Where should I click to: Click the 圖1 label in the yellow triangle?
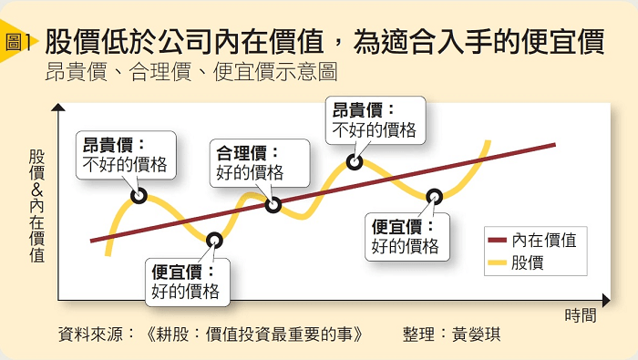click(x=17, y=42)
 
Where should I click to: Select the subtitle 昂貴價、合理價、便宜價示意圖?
click(x=191, y=72)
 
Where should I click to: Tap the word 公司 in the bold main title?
click(x=185, y=42)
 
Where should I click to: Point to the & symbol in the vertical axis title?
click(x=37, y=190)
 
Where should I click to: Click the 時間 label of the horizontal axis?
click(x=581, y=315)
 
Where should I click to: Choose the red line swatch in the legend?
click(x=498, y=241)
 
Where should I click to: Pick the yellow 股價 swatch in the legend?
click(x=498, y=262)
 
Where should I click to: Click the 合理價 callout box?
click(x=260, y=163)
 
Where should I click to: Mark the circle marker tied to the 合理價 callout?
click(x=273, y=205)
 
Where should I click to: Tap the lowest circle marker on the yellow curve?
click(x=214, y=241)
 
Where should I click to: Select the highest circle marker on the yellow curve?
click(x=355, y=162)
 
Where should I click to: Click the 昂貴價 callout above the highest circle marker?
click(x=376, y=120)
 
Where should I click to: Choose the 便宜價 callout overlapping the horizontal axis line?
click(x=188, y=282)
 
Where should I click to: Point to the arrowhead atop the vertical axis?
click(x=58, y=108)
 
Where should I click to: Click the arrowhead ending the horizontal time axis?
click(x=606, y=301)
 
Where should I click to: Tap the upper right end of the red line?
click(x=555, y=144)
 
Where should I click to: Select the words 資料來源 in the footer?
click(x=90, y=334)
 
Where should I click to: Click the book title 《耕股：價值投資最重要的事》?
click(x=253, y=334)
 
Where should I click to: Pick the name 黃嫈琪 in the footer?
click(x=476, y=334)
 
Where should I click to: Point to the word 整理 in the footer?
click(x=418, y=334)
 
